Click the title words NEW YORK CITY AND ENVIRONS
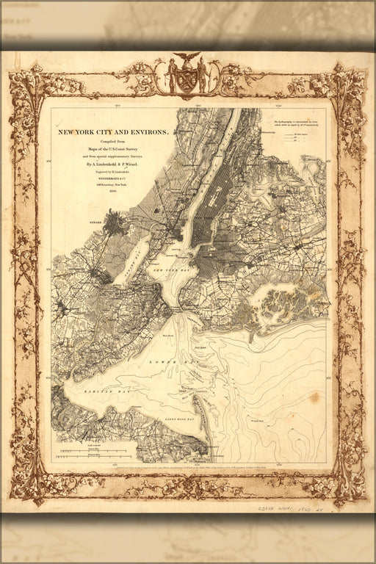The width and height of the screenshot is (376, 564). coord(113,132)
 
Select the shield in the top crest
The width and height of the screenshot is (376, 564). coord(187,78)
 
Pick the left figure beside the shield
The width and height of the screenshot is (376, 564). coord(172,76)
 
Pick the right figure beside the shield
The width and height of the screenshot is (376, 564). coord(201,76)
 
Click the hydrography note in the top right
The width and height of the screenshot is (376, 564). coord(297,125)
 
